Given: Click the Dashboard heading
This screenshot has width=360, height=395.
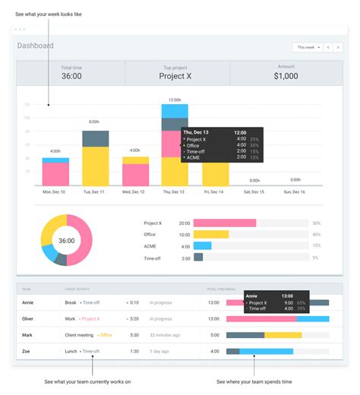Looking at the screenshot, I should [x=36, y=46].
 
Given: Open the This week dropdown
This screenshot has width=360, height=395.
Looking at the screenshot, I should [x=307, y=47].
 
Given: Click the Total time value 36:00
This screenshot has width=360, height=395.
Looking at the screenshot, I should [x=71, y=76].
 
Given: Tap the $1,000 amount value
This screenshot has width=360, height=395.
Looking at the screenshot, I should [x=286, y=76].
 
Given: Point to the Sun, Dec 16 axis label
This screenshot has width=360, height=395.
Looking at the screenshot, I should [x=294, y=192].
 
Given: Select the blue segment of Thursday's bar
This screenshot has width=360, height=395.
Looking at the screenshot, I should [x=175, y=112].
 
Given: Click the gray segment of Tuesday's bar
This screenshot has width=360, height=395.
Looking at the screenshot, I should [x=95, y=138].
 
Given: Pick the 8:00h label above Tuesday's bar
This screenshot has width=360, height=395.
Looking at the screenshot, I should [x=95, y=122].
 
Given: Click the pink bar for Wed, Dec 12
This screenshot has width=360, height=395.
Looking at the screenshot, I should [x=135, y=175].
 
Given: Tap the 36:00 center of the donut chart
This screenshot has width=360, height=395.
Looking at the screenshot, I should [x=67, y=241].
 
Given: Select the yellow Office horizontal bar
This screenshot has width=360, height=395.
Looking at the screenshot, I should [x=211, y=235].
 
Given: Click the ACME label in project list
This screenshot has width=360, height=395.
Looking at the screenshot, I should [x=150, y=246].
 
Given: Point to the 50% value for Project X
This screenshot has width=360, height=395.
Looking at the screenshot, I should [x=316, y=223].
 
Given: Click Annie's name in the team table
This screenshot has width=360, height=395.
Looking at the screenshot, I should [x=28, y=302].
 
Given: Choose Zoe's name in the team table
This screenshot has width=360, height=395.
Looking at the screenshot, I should [x=26, y=351].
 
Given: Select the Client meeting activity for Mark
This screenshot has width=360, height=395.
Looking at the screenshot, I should [x=79, y=335].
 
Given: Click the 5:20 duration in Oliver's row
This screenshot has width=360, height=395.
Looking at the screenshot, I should [x=134, y=319].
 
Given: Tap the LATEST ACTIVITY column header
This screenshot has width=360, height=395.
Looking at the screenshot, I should [x=78, y=289].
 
